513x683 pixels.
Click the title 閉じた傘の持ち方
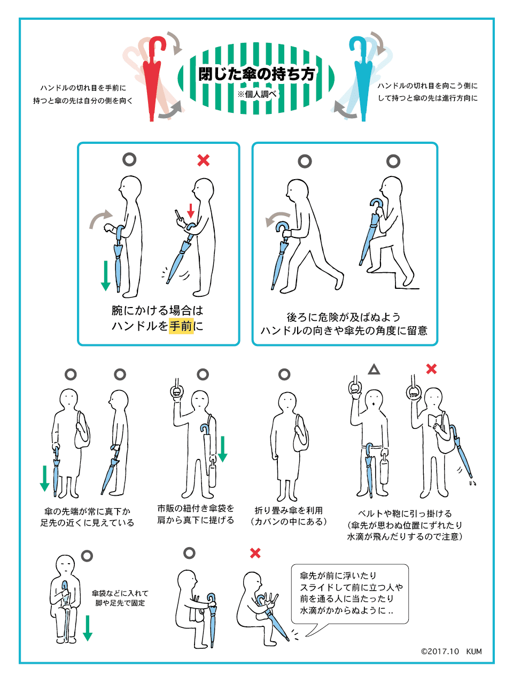pyautogui.click(x=256, y=74)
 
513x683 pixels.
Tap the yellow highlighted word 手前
pyautogui.click(x=181, y=326)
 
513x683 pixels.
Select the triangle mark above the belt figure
pyautogui.click(x=374, y=370)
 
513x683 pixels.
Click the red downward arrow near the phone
pyautogui.click(x=191, y=211)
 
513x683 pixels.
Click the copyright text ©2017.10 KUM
pyautogui.click(x=451, y=651)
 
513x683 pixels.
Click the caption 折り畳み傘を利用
pyautogui.click(x=289, y=511)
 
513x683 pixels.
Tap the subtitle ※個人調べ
pyautogui.click(x=257, y=94)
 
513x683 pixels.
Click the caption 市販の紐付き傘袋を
pyautogui.click(x=196, y=509)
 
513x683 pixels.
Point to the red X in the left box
pyautogui.click(x=204, y=160)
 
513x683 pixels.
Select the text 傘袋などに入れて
pyautogui.click(x=120, y=593)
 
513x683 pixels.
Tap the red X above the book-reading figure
pyautogui.click(x=431, y=369)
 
